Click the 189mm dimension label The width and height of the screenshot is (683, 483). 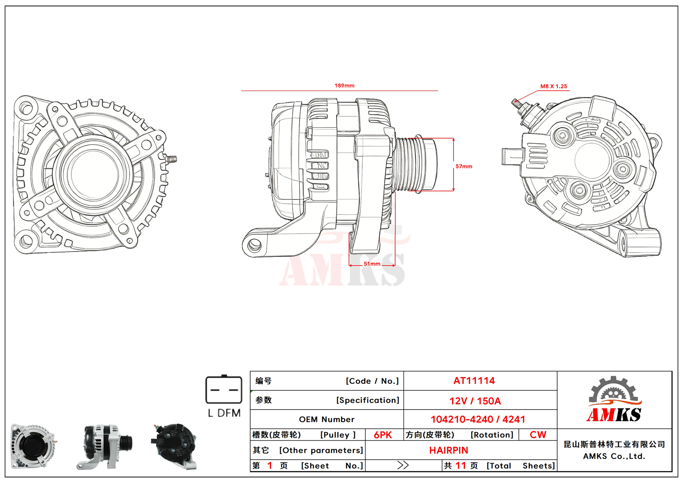(344, 85)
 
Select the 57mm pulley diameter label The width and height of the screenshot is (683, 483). (464, 166)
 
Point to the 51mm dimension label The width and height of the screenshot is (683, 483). (372, 264)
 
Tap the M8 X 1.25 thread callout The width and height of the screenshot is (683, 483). (554, 86)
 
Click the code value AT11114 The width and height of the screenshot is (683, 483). (474, 380)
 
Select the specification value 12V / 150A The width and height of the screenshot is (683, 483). (475, 401)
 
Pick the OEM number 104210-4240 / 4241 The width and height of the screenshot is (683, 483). (478, 419)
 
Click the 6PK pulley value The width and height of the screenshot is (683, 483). (383, 435)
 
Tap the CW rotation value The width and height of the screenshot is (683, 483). (538, 435)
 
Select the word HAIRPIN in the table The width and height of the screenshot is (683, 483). (449, 450)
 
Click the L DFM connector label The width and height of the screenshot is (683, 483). (224, 413)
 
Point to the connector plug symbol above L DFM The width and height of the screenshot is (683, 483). (224, 390)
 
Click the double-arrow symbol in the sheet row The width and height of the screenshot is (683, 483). (403, 465)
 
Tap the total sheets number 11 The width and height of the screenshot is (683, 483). (460, 465)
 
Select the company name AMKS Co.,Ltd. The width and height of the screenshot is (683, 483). (614, 456)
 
